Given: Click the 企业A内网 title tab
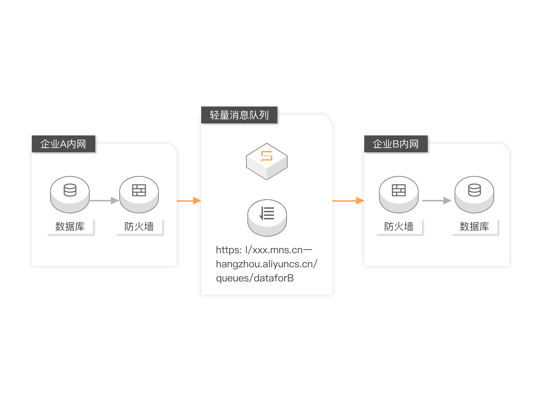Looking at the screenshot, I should (63, 144).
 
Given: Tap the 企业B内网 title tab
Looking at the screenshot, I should (396, 144).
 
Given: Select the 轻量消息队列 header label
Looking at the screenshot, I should (239, 115).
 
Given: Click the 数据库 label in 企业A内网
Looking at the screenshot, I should (70, 226).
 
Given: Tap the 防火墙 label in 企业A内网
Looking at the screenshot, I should (139, 226).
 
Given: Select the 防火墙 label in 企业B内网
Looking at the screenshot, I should (399, 226).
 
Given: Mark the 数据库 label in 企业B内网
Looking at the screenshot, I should (474, 226).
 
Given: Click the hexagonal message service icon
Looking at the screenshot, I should (267, 161).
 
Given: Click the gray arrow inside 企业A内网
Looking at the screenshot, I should (104, 201).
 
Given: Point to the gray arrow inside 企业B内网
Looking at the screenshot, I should (437, 201).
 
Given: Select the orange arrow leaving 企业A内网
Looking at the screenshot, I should (189, 201).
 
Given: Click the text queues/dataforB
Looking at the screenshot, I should (255, 278).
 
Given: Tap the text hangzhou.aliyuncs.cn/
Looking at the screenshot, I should (266, 264).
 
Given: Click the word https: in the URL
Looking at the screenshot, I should (229, 250).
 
